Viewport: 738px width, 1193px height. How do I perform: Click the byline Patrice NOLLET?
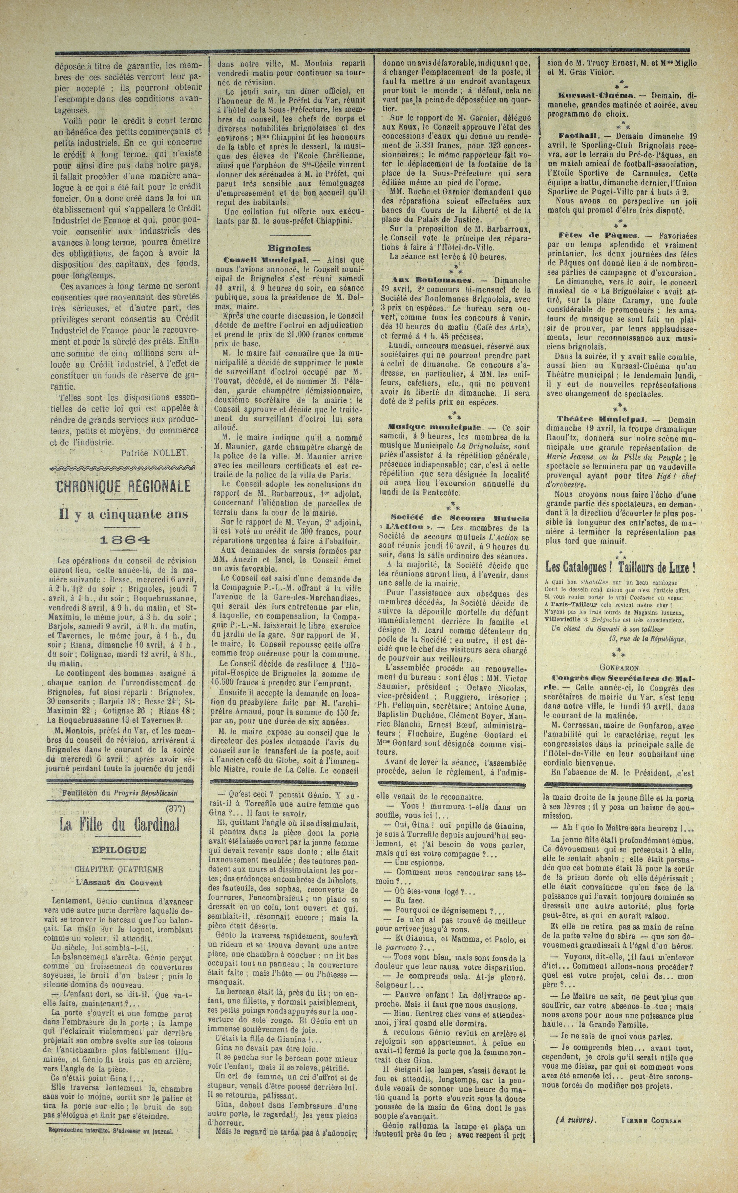click(154, 453)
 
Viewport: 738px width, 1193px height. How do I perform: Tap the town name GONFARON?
click(620, 667)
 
